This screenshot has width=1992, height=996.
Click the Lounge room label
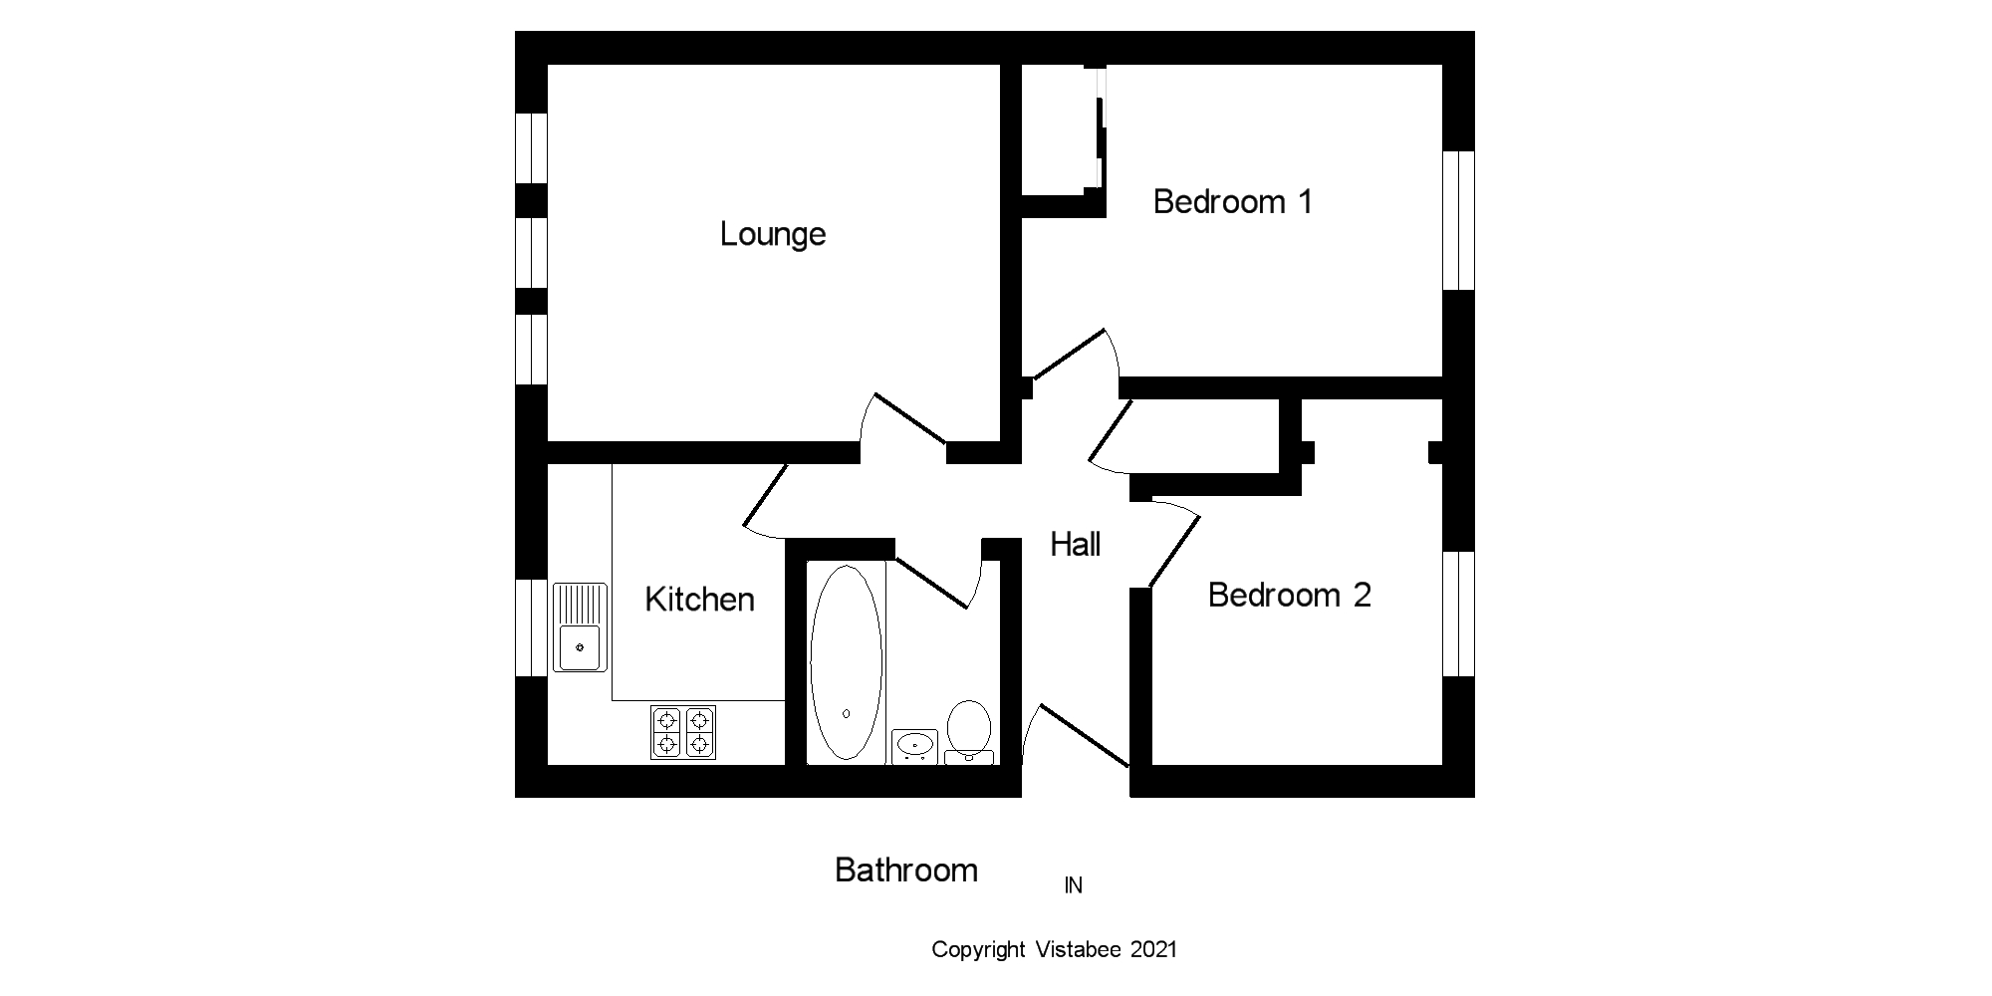coord(773,235)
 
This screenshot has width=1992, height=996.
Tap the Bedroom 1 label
coord(1232,202)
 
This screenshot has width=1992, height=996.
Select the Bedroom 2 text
coord(1289,596)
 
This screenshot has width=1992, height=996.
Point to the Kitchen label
coord(699,600)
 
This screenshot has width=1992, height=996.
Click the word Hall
coord(1076,545)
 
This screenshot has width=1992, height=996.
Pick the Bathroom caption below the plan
coord(905,871)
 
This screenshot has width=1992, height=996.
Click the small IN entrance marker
coord(1073,885)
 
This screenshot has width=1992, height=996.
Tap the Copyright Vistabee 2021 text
coord(1054,950)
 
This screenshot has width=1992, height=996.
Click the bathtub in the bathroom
coord(846,662)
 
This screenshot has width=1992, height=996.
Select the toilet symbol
coord(968,730)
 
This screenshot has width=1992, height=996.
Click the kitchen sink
coord(580,627)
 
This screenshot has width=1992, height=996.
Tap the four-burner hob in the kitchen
coord(683,732)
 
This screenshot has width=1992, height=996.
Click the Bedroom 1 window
coord(1459,220)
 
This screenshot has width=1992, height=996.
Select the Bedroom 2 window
coord(1459,613)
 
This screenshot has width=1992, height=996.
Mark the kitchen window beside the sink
coord(531,627)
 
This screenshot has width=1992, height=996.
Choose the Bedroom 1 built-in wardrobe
coord(1061,129)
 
